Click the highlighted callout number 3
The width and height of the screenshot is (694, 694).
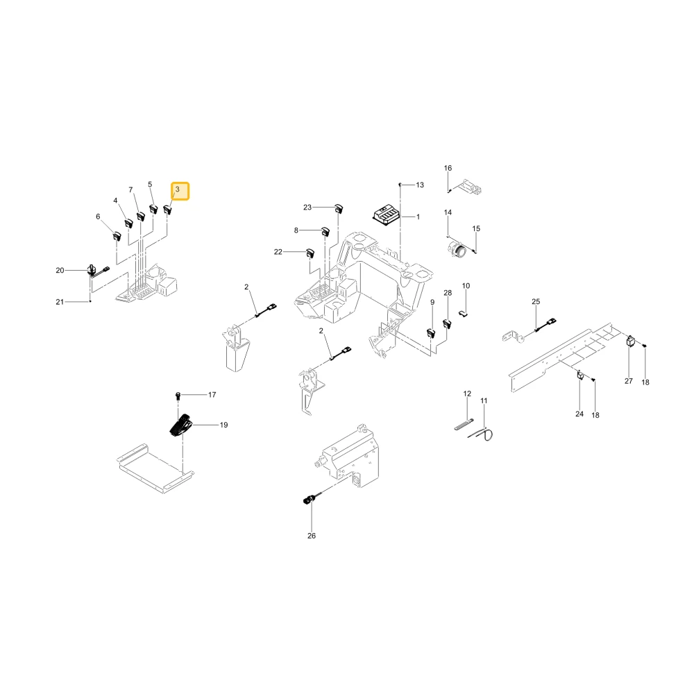[178, 189]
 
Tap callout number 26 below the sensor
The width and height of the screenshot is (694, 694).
[312, 536]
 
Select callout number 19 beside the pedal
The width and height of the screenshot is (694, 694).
[224, 425]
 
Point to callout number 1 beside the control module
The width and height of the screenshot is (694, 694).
[418, 217]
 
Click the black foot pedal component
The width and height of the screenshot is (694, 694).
[181, 426]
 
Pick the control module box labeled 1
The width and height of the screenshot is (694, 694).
[385, 214]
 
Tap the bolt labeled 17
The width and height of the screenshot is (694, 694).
[178, 395]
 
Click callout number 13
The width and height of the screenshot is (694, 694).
[420, 185]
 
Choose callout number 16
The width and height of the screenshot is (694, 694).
[448, 168]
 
